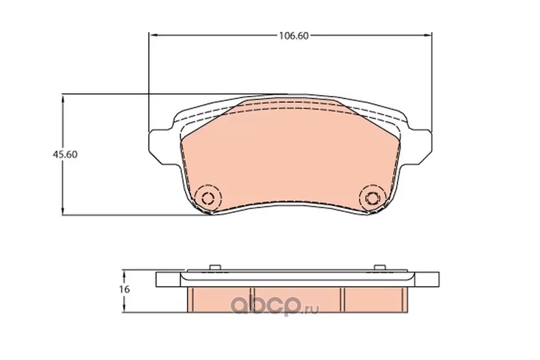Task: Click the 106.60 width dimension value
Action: (x=293, y=36)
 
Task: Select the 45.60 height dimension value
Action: (x=65, y=155)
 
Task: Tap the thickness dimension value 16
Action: (x=125, y=289)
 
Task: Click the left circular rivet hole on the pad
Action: (x=208, y=198)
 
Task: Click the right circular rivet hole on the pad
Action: (x=372, y=198)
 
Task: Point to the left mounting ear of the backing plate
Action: (x=160, y=146)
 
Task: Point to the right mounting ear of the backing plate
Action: (x=420, y=146)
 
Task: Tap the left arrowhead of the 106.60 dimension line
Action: (x=153, y=35)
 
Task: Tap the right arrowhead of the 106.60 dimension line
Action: (x=427, y=35)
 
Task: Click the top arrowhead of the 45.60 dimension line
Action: (x=62, y=100)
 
